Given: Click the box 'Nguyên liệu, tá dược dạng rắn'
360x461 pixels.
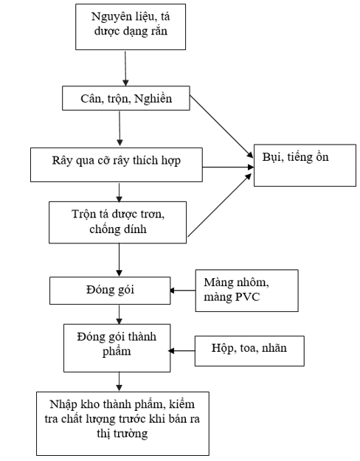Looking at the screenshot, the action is point(131,27).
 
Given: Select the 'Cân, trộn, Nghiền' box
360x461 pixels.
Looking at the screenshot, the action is point(126,98).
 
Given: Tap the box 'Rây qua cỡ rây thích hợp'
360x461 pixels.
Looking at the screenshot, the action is point(117,164).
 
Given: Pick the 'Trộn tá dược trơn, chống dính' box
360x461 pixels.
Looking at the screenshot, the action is point(117,222).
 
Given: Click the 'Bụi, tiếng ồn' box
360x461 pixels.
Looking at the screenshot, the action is point(305,165).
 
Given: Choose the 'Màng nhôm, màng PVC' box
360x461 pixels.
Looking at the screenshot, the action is point(247,291).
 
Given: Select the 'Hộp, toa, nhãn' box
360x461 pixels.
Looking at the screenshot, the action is point(249,351).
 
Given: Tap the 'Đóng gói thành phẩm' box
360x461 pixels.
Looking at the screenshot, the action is point(117,348).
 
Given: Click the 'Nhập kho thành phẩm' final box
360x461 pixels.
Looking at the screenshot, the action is point(122,423).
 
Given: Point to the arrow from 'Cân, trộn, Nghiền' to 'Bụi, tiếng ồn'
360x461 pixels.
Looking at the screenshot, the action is point(221,126).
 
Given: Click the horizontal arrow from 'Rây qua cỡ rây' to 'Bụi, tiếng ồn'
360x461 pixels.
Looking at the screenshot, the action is point(228,167).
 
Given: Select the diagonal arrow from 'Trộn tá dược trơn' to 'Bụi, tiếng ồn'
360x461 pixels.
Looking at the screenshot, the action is point(220,205).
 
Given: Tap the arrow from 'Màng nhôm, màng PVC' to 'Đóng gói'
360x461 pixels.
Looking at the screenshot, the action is point(183,291).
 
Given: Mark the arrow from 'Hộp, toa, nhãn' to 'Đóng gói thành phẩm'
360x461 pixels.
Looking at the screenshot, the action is point(181,351).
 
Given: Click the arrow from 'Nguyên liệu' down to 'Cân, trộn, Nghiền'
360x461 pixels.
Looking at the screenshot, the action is point(125,69).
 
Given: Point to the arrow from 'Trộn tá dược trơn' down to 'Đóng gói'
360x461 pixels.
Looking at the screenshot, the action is point(119,260).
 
